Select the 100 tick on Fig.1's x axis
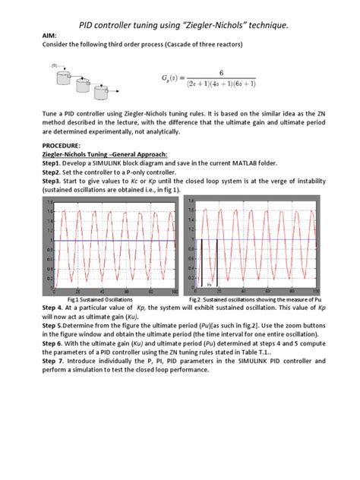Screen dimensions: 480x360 (175, 292)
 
